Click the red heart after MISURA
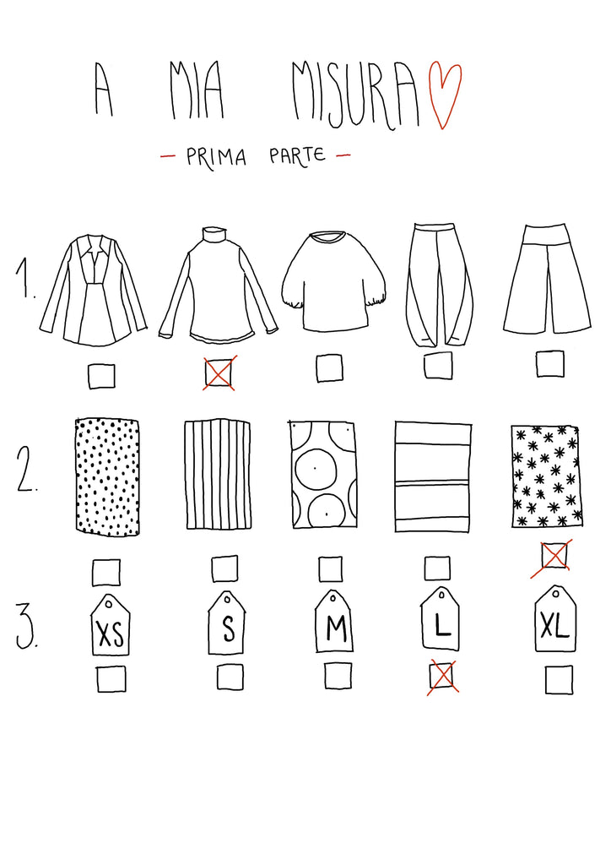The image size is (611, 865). pyautogui.click(x=445, y=95)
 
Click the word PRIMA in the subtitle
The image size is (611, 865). pyautogui.click(x=216, y=156)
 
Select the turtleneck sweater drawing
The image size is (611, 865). pyautogui.click(x=219, y=285)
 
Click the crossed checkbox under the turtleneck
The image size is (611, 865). pyautogui.click(x=219, y=373)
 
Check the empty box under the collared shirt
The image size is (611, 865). pyautogui.click(x=102, y=376)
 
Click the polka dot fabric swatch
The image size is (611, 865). pyautogui.click(x=107, y=476)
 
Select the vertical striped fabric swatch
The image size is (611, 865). pyautogui.click(x=217, y=475)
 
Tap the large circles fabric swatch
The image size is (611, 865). pyautogui.click(x=323, y=476)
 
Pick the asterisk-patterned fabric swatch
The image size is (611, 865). pyautogui.click(x=547, y=476)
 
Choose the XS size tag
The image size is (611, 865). pyautogui.click(x=111, y=625)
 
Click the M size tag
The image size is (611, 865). pyautogui.click(x=334, y=621)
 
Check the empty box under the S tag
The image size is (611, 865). pyautogui.click(x=230, y=677)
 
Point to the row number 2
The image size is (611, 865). pyautogui.click(x=26, y=469)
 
